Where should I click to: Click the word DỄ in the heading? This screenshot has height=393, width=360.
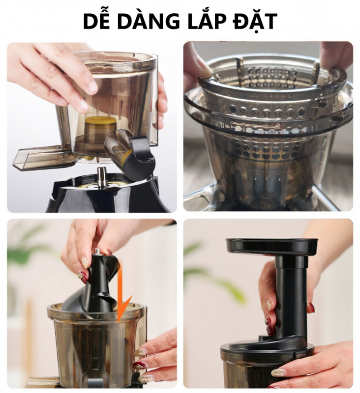click(x=96, y=21)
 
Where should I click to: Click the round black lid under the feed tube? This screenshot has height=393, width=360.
click(x=267, y=348)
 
